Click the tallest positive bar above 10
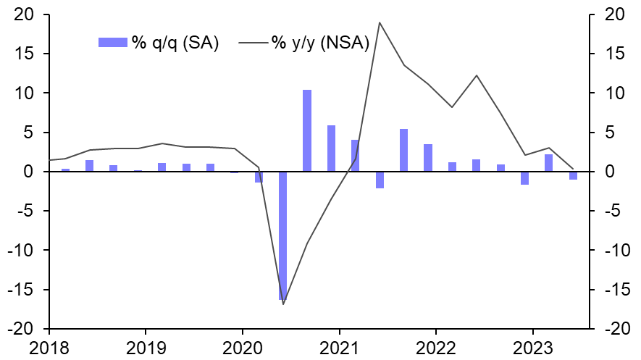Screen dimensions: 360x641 pyautogui.click(x=307, y=130)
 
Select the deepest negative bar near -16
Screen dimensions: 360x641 pyautogui.click(x=282, y=235)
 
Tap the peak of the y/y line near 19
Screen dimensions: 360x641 pyautogui.click(x=380, y=22)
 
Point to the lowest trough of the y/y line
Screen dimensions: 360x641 pyautogui.click(x=282, y=304)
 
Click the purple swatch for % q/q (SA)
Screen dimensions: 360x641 pyautogui.click(x=112, y=43)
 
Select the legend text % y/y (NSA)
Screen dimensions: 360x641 pyautogui.click(x=320, y=43)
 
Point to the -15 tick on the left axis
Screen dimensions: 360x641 pyautogui.click(x=28, y=290)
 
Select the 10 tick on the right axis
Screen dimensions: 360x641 pyautogui.click(x=608, y=93)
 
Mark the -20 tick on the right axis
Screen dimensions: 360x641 pyautogui.click(x=611, y=329)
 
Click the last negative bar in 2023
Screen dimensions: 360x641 pyautogui.click(x=573, y=175)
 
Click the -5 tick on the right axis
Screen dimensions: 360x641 pyautogui.click(x=607, y=212)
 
